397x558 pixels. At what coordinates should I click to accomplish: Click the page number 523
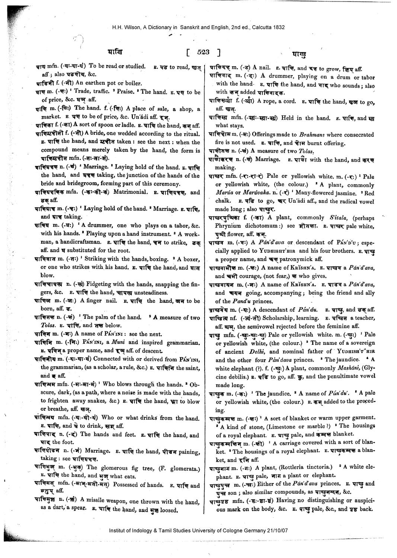(x=203, y=52)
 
